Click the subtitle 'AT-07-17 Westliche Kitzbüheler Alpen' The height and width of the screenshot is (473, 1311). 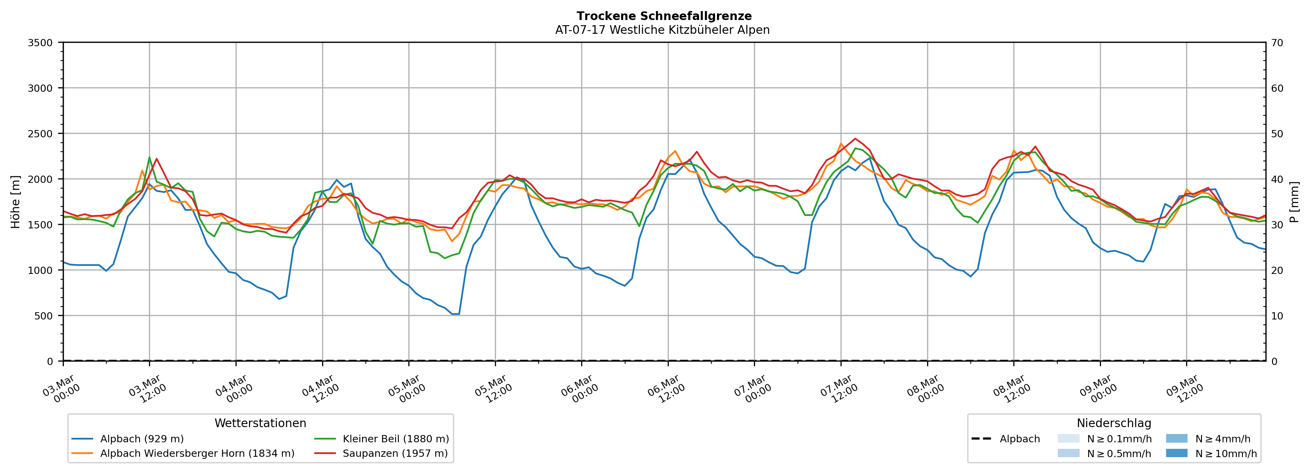662,30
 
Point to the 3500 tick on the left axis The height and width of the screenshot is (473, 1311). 40,43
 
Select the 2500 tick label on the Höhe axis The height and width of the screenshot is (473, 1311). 40,134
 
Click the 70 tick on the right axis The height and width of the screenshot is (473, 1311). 1277,43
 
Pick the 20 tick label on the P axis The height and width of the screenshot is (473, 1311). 1277,270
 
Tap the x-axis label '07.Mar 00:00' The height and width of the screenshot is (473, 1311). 752,390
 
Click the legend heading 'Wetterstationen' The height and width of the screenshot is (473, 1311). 260,423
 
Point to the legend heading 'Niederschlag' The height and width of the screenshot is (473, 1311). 1113,423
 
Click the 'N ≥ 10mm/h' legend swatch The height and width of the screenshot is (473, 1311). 1176,453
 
